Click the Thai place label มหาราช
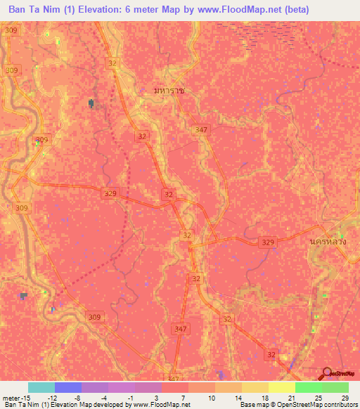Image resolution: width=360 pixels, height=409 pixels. (x=169, y=91)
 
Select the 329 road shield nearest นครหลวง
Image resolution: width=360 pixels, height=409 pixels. (x=268, y=242)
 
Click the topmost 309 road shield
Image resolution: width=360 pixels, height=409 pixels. (x=10, y=30)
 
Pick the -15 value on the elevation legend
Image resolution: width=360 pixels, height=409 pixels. (x=25, y=397)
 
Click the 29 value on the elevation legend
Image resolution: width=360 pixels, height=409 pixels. (x=345, y=397)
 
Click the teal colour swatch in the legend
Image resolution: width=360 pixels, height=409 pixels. (x=41, y=387)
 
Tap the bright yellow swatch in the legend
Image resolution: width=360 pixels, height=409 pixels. (x=282, y=387)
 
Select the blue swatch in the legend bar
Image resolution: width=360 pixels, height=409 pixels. (x=67, y=387)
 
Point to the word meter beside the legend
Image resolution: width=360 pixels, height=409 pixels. (x=10, y=397)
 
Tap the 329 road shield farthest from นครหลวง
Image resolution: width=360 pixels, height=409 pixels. (x=109, y=192)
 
